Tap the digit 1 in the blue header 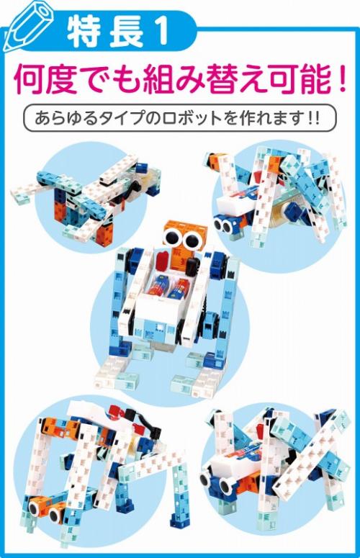pyautogui.click(x=158, y=33)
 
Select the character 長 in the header pyautogui.click(x=122, y=33)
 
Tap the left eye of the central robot pyautogui.click(x=171, y=236)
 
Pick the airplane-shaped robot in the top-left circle pyautogui.click(x=86, y=199)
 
